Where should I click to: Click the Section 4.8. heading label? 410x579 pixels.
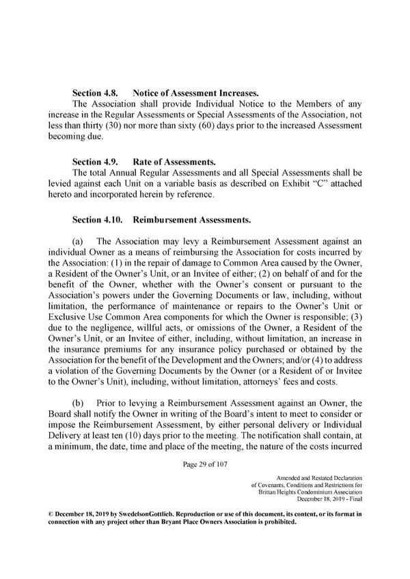click(x=95, y=91)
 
